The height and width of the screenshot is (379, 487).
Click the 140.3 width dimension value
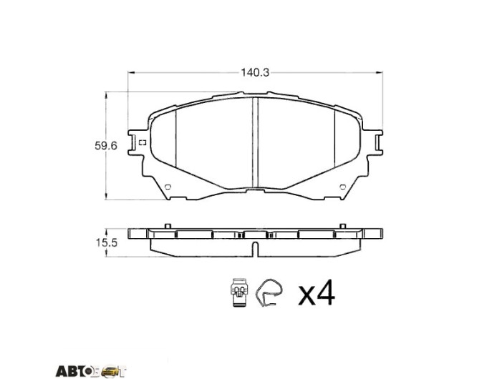[255, 72]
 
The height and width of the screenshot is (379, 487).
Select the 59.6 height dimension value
[106, 145]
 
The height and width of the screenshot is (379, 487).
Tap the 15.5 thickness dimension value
[106, 242]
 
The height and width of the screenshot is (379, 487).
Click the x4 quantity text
[317, 292]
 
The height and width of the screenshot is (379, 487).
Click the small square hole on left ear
[143, 143]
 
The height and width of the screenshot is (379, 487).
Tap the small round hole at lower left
[168, 187]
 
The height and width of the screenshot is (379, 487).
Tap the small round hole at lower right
[342, 187]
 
